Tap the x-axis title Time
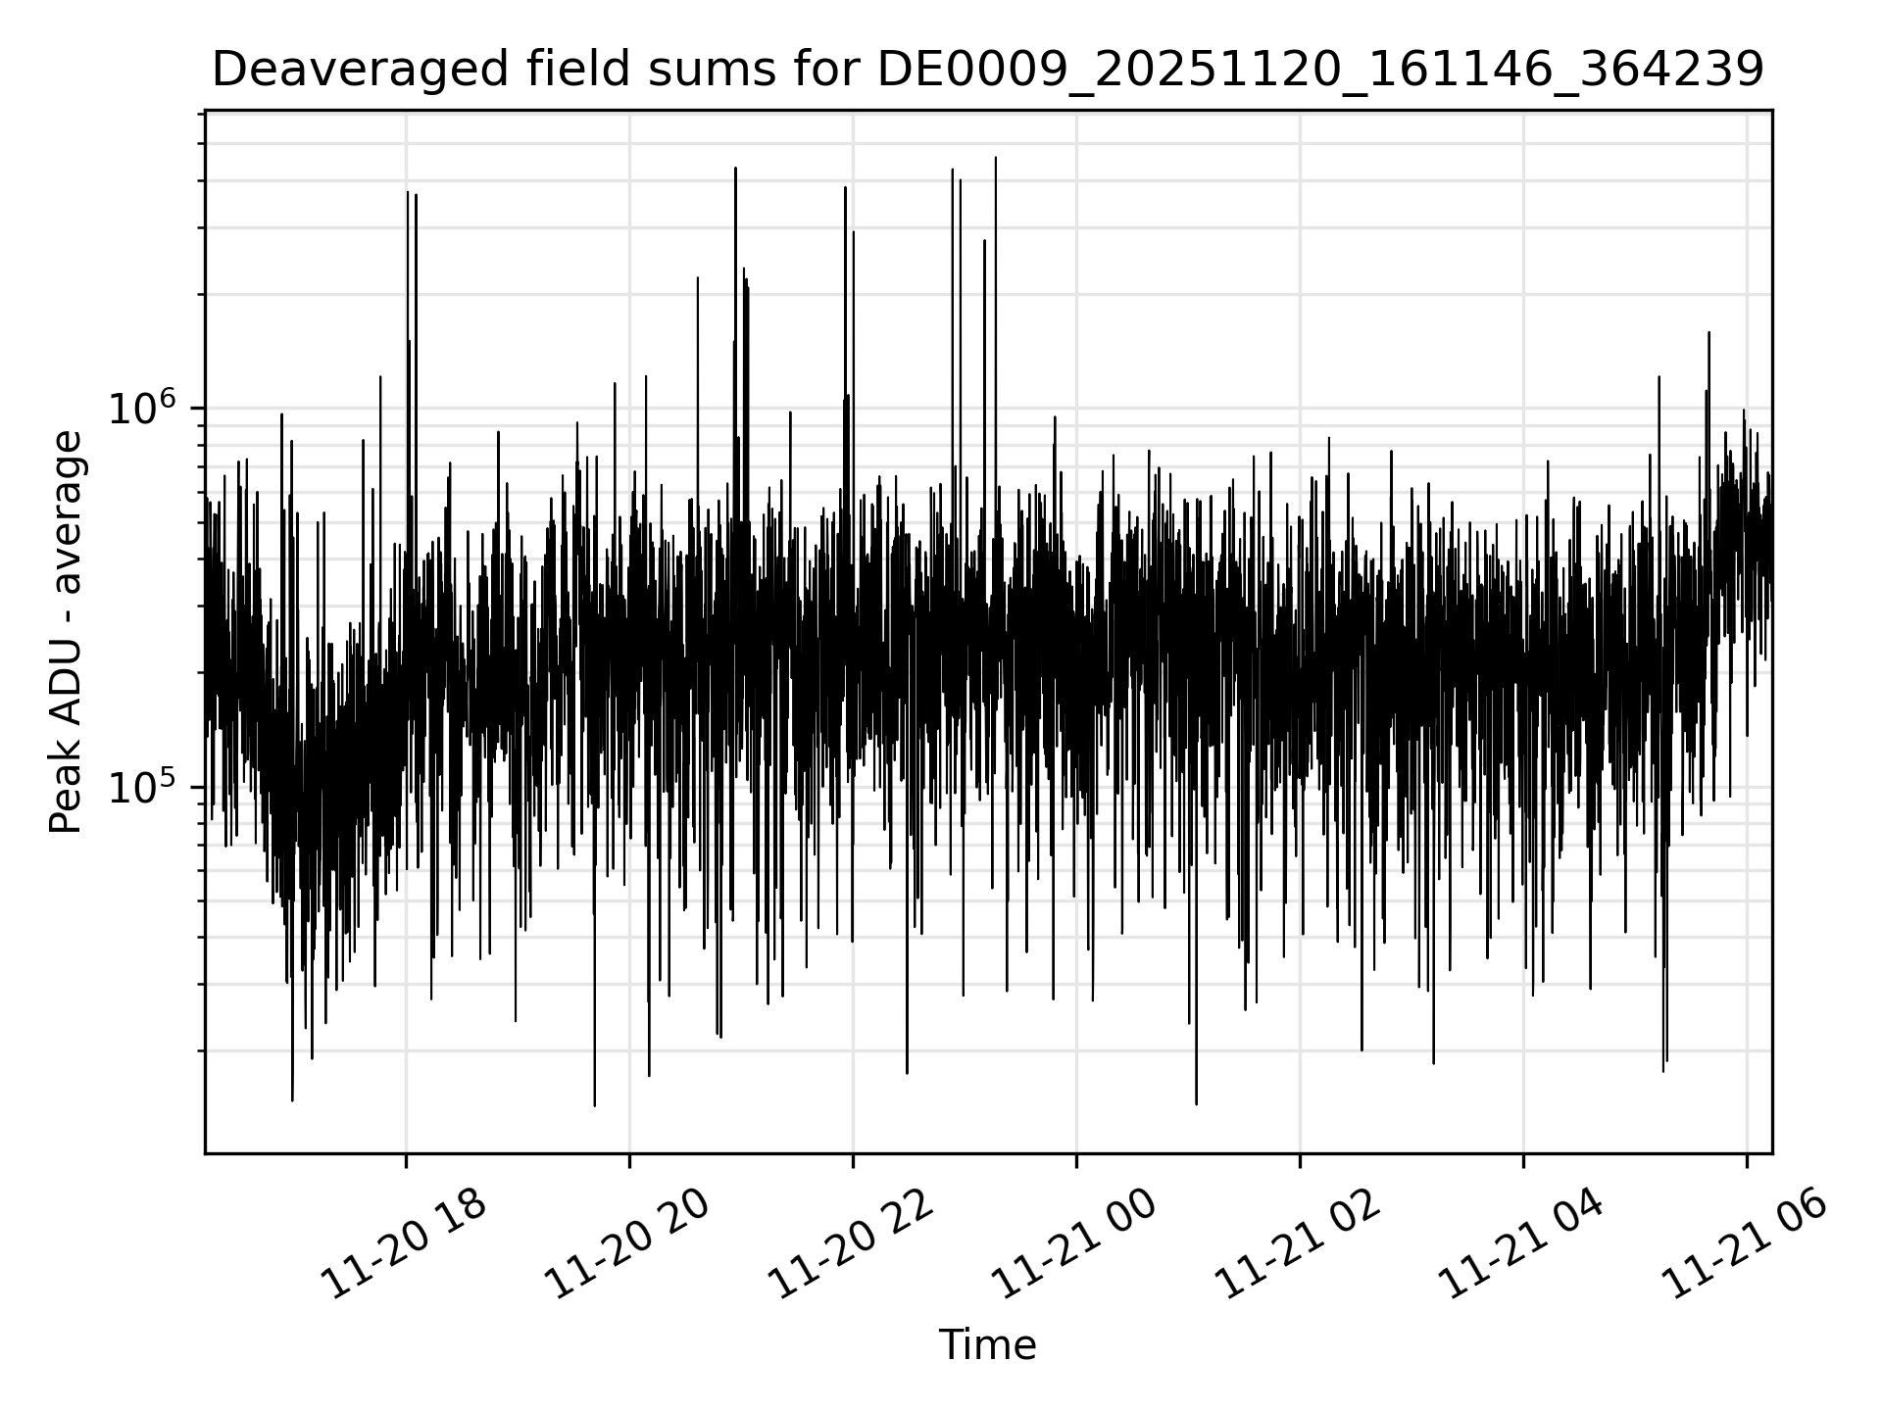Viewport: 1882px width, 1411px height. pos(987,1345)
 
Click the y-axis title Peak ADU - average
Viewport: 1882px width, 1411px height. pos(66,632)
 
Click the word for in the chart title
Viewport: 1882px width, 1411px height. pos(832,71)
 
